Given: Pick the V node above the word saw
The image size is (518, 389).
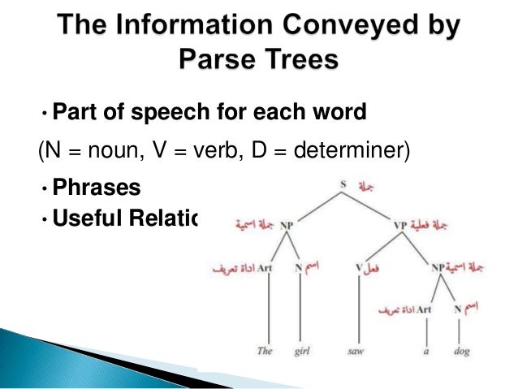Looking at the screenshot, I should [x=359, y=266].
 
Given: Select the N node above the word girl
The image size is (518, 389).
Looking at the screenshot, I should [x=299, y=266].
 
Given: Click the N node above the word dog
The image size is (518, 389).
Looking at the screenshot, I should [x=458, y=309].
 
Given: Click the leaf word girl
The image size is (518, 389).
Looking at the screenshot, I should [x=302, y=352].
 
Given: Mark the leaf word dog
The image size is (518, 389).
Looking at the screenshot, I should [x=461, y=352].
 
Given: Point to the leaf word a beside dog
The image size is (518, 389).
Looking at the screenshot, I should [x=425, y=352].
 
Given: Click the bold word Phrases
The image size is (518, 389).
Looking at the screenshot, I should [x=96, y=188].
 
